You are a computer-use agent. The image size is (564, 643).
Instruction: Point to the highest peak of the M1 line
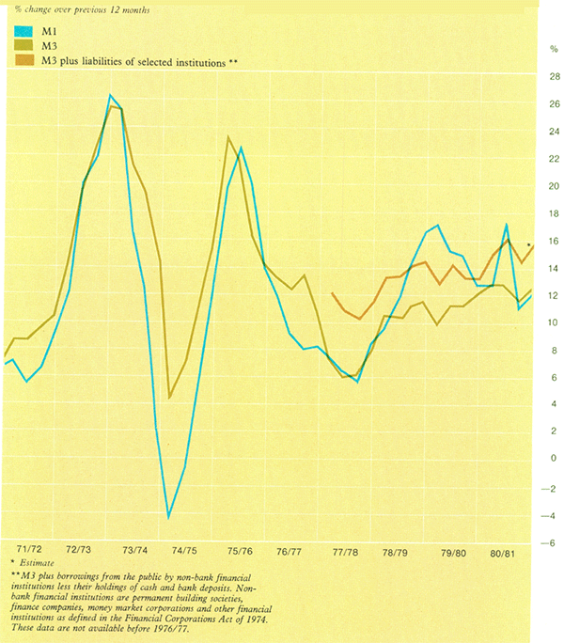click(x=111, y=96)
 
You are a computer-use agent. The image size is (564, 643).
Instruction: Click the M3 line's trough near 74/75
click(x=169, y=397)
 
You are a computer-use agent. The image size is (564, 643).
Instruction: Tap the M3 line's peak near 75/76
click(x=228, y=137)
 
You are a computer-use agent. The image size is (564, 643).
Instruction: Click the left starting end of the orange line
click(x=333, y=293)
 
